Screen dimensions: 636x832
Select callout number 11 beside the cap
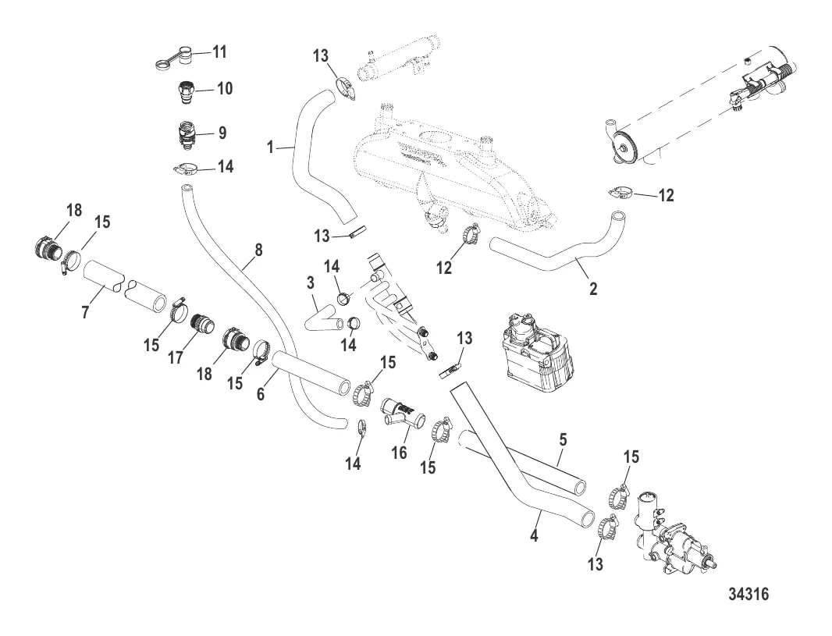click(219, 53)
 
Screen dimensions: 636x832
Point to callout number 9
click(222, 133)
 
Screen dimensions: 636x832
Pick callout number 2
click(593, 290)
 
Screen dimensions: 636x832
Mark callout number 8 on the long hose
click(258, 250)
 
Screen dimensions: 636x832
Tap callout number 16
click(399, 453)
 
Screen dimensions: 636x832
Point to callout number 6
click(261, 396)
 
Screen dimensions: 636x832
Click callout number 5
click(561, 439)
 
